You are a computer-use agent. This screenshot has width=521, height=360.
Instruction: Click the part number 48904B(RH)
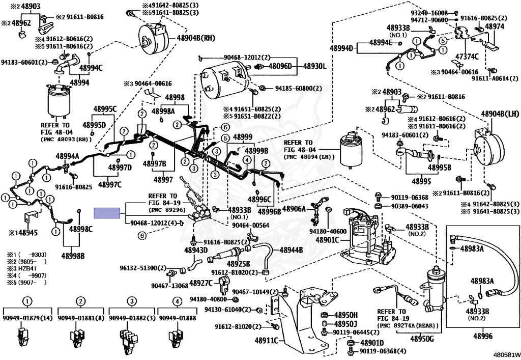pos(196,38)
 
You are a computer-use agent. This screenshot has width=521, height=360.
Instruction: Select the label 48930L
pos(314,66)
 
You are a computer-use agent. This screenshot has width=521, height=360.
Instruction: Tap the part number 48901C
pos(327,240)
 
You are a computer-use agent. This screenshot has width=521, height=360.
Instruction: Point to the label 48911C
pos(267,340)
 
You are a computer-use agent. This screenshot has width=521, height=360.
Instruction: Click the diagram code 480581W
pos(506,355)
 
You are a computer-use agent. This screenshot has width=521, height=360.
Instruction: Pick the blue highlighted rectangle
pos(107,213)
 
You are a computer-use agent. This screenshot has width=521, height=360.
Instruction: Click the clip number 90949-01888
pos(178,318)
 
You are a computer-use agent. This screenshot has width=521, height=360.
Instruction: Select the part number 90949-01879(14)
pos(27,318)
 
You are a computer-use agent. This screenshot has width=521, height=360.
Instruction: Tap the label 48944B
pos(291,250)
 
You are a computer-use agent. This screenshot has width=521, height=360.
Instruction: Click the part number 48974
pos(495,26)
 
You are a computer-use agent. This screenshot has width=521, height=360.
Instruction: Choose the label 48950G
pos(422,339)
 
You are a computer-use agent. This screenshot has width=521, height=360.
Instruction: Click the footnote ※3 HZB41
pos(22,268)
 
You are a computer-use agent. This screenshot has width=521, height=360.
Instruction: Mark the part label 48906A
pos(294,209)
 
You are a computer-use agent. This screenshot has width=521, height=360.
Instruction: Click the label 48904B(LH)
pos(500,114)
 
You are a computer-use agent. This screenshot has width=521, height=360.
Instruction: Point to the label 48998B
pos(73,256)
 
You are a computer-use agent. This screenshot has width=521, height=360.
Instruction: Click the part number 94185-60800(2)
pos(298,89)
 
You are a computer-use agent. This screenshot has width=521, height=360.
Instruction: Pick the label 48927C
pos(200,283)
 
